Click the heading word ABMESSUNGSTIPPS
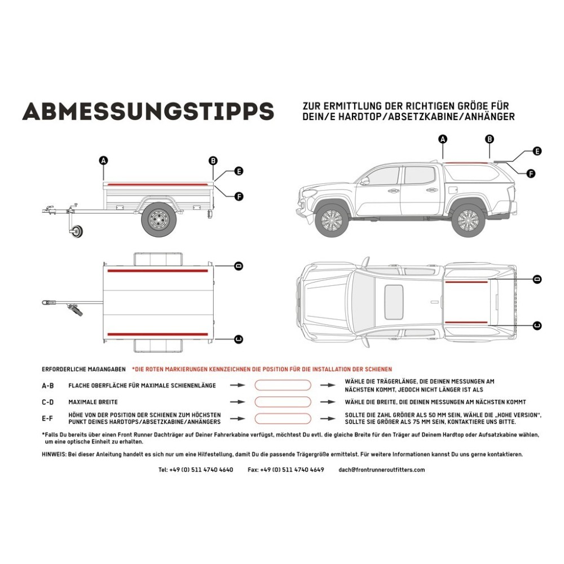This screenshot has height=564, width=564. click(148, 111)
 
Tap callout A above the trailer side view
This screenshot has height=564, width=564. click(103, 161)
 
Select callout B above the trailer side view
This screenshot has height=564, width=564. click(213, 161)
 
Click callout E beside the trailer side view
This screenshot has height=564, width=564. click(239, 171)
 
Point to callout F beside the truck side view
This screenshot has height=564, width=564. click(531, 174)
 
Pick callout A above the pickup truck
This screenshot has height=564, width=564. click(443, 139)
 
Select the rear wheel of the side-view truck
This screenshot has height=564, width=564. click(468, 220)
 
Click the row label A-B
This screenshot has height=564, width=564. click(48, 386)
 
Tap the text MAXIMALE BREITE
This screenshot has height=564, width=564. click(93, 402)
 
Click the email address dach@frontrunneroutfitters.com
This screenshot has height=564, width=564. click(382, 469)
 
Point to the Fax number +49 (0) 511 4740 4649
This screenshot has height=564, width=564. click(286, 469)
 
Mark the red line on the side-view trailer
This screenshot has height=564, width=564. click(158, 184)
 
